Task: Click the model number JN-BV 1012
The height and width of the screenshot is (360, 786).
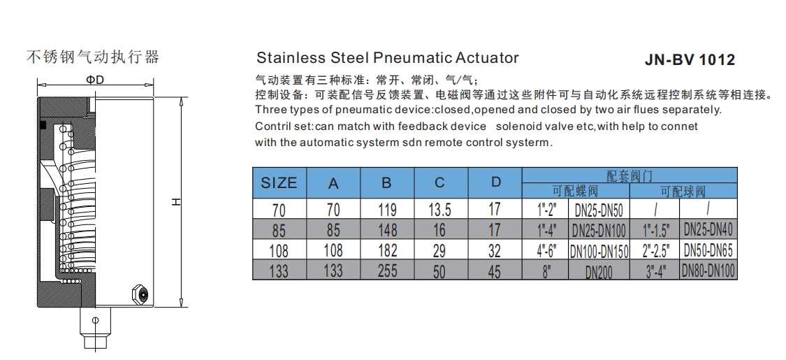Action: pyautogui.click(x=690, y=60)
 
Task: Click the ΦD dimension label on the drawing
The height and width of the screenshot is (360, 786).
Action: pyautogui.click(x=95, y=80)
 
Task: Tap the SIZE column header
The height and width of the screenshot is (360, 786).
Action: pyautogui.click(x=279, y=183)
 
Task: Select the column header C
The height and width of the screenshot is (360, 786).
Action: pyautogui.click(x=439, y=183)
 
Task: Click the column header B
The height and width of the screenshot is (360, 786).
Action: pyautogui.click(x=386, y=183)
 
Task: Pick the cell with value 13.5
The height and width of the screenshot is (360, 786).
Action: pyautogui.click(x=439, y=210)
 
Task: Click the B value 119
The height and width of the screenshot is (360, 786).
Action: pyautogui.click(x=386, y=210)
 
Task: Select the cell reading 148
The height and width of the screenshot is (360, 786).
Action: pyautogui.click(x=386, y=230)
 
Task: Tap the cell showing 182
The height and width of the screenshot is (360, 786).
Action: pyautogui.click(x=386, y=250)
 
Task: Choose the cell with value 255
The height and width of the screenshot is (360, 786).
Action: pyautogui.click(x=386, y=271)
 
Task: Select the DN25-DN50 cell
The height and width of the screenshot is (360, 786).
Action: pyautogui.click(x=598, y=210)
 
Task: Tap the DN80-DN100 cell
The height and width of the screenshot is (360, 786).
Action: pyautogui.click(x=708, y=271)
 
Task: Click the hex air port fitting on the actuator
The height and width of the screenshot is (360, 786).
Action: pyautogui.click(x=139, y=294)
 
